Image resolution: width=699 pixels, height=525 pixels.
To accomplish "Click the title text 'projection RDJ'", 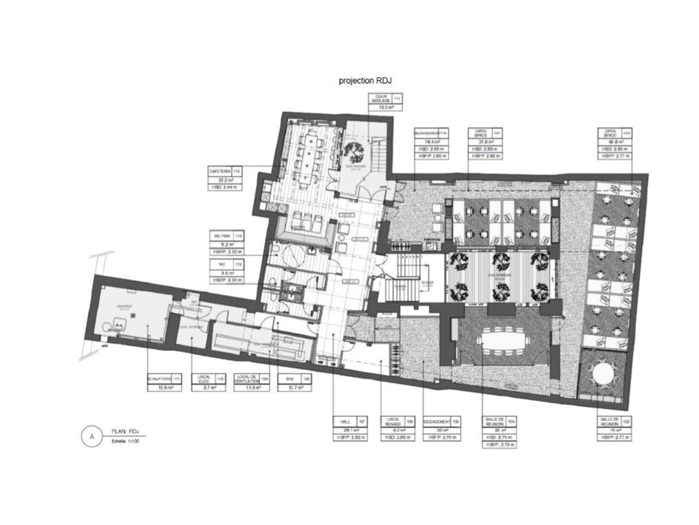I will click(365, 80).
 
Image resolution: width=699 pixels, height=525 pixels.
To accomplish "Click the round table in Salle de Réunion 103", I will click(603, 376).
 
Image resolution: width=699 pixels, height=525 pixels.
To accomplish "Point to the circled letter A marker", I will click(92, 436).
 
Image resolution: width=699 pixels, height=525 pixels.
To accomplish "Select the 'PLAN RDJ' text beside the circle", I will click(125, 431).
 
